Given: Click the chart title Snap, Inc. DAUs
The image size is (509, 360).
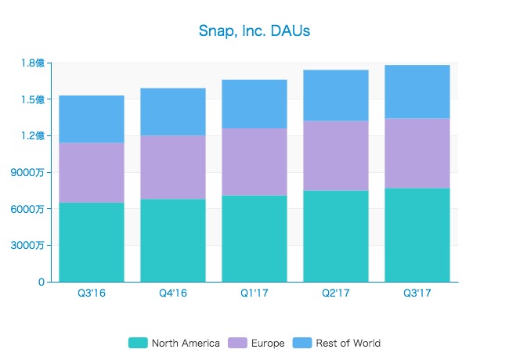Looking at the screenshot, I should point(254,31).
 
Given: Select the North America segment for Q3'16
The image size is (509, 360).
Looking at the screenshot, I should point(92,242).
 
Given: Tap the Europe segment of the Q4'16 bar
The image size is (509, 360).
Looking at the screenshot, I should point(173,167).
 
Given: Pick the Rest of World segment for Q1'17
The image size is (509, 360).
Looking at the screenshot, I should point(254,104).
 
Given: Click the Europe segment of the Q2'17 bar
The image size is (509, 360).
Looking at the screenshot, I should point(336,156).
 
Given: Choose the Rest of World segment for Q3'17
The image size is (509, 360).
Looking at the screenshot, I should point(417,92).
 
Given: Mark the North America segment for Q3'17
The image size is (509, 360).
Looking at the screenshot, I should point(417,235).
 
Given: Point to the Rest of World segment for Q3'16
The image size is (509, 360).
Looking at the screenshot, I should point(92,119).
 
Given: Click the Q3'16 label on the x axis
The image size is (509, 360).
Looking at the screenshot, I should point(92,293).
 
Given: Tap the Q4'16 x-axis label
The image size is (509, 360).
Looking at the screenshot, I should point(173,293).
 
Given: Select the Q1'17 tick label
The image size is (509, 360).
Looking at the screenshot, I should point(254,293).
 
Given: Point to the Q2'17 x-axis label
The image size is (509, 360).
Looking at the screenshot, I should point(336,293).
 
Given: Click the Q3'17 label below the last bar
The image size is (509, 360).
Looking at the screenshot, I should point(417,293).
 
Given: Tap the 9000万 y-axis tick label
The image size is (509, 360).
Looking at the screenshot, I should point(32,173).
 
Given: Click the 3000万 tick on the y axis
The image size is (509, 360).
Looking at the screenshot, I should point(32,246).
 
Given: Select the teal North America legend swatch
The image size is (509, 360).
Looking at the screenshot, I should point(138,343).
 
